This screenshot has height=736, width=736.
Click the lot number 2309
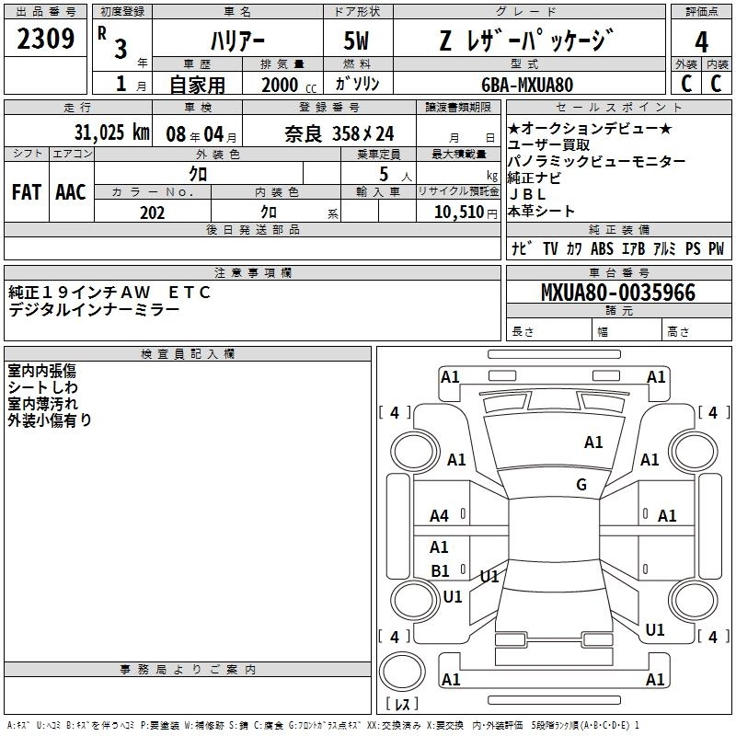(46, 40)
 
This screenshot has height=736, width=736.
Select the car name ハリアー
(236, 41)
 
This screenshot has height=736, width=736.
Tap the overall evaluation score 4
(701, 41)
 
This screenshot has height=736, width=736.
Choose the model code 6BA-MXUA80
(527, 85)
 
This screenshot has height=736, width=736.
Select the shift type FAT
(26, 191)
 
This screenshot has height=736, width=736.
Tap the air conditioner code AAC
(71, 191)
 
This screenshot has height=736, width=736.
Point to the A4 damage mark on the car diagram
(440, 516)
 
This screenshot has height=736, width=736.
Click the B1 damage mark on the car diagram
(441, 571)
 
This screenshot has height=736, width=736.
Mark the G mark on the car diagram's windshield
(581, 485)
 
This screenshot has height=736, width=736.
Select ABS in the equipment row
(603, 248)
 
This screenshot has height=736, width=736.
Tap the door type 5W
(359, 41)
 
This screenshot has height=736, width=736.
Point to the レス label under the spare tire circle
(402, 706)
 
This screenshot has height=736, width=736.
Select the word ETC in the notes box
(190, 293)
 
